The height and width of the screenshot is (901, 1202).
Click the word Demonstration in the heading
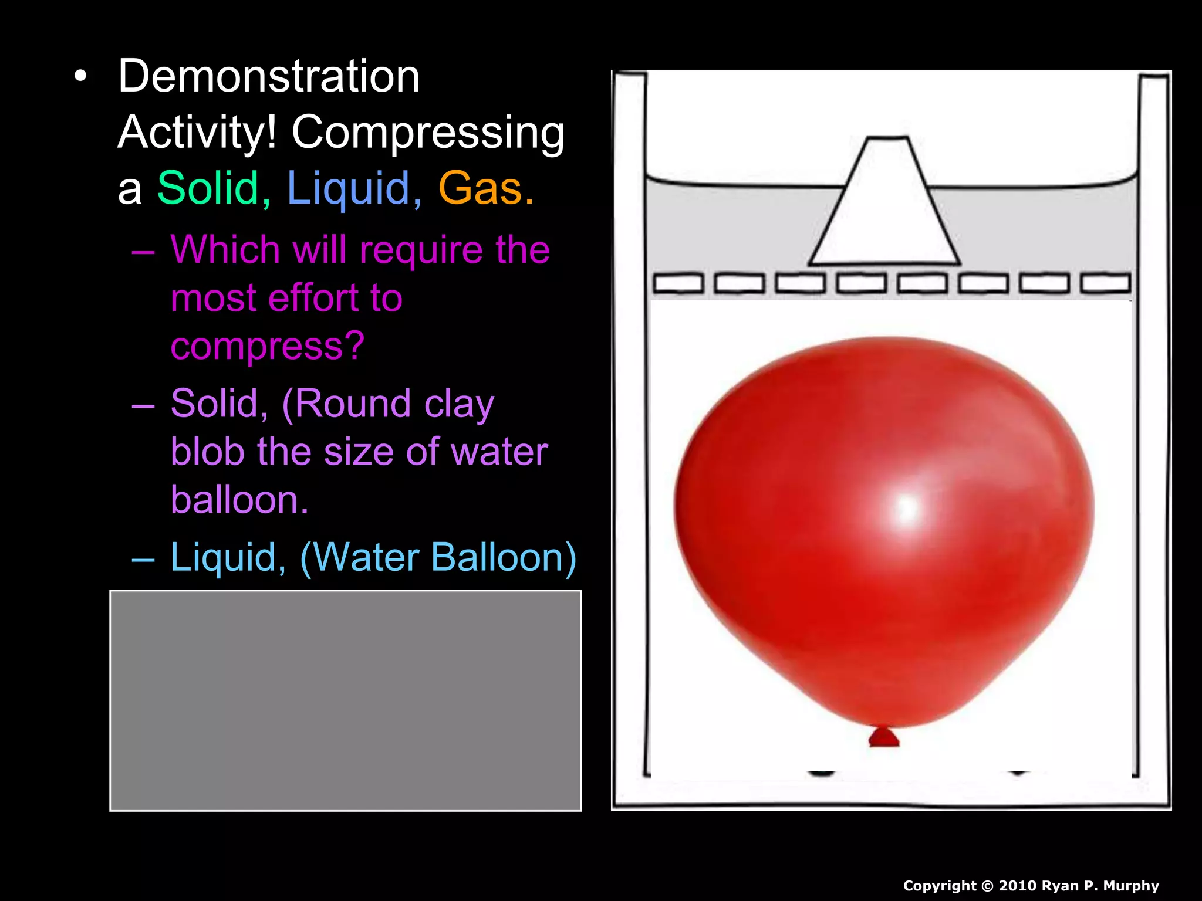[x=269, y=76]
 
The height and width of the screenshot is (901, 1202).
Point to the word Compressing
[x=428, y=133]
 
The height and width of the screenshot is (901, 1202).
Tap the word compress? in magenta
[x=268, y=347]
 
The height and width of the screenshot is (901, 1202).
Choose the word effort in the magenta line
[x=311, y=298]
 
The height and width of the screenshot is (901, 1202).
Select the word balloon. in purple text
[x=239, y=500]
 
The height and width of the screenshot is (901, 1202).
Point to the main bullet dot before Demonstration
[x=80, y=76]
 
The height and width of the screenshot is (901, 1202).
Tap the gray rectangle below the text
[x=346, y=700]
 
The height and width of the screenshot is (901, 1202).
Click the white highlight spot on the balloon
[x=907, y=508]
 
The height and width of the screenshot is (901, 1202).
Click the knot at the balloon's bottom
[x=884, y=737]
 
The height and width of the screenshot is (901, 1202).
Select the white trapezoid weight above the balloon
[x=885, y=205]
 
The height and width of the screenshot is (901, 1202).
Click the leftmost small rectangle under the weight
[x=678, y=283]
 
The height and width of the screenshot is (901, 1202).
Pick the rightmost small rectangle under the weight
[x=1106, y=283]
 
